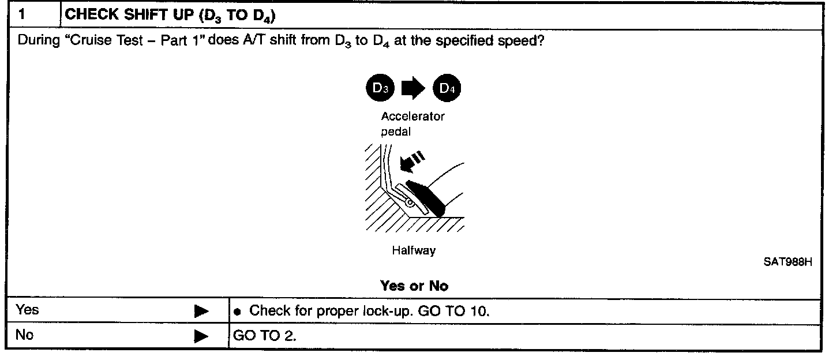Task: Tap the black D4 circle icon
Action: pyautogui.click(x=448, y=89)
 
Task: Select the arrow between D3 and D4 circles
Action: pyautogui.click(x=412, y=89)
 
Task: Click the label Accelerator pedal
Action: pyautogui.click(x=412, y=122)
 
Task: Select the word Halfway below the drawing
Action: pyautogui.click(x=414, y=250)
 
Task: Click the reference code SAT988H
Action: pyautogui.click(x=788, y=262)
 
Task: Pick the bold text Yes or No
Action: pyautogui.click(x=414, y=286)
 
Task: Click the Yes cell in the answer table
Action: pyautogui.click(x=28, y=310)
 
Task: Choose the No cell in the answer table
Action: pyautogui.click(x=25, y=335)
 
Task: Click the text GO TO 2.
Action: pyautogui.click(x=264, y=336)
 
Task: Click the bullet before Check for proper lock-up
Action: pyautogui.click(x=238, y=312)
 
